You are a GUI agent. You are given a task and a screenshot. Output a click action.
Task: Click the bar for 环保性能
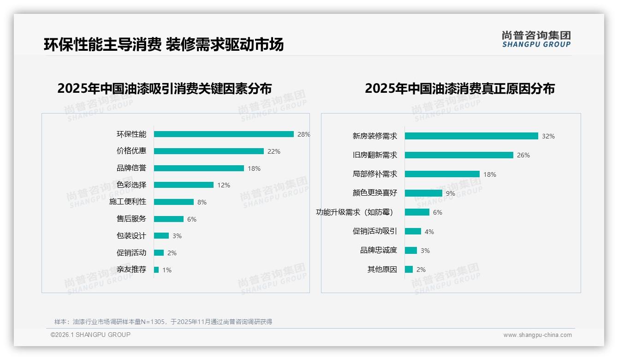point(224,134)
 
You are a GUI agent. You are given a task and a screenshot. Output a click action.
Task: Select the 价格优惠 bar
point(208,151)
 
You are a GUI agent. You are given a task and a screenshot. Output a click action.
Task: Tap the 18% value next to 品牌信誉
point(254,168)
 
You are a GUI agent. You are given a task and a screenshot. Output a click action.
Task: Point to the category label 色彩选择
point(131,185)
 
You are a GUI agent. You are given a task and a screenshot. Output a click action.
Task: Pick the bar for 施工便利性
point(174,202)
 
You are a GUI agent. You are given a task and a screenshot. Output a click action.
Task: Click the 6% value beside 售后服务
point(192,219)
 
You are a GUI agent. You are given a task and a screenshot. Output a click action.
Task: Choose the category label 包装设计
point(131,236)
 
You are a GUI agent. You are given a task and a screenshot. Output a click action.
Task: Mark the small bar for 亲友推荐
point(156,270)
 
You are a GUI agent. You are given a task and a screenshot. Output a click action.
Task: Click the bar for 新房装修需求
point(471,136)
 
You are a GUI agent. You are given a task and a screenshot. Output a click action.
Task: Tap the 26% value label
point(523,156)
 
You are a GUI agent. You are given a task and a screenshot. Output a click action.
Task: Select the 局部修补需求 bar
point(442,174)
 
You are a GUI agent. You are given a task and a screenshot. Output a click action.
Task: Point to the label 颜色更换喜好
point(375,193)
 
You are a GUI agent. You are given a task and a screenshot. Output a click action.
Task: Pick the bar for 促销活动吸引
point(413,231)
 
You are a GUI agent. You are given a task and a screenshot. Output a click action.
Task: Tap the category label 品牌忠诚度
point(379,250)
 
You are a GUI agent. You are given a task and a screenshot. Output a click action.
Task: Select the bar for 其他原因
point(409,270)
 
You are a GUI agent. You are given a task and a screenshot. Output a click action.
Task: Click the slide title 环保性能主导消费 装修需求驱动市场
point(164,44)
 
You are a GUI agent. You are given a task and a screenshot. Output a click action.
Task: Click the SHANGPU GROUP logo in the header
point(536,39)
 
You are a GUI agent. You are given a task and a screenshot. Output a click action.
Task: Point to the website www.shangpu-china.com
point(537,335)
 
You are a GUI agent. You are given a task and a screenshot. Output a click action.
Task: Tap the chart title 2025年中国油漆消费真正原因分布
point(460,88)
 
